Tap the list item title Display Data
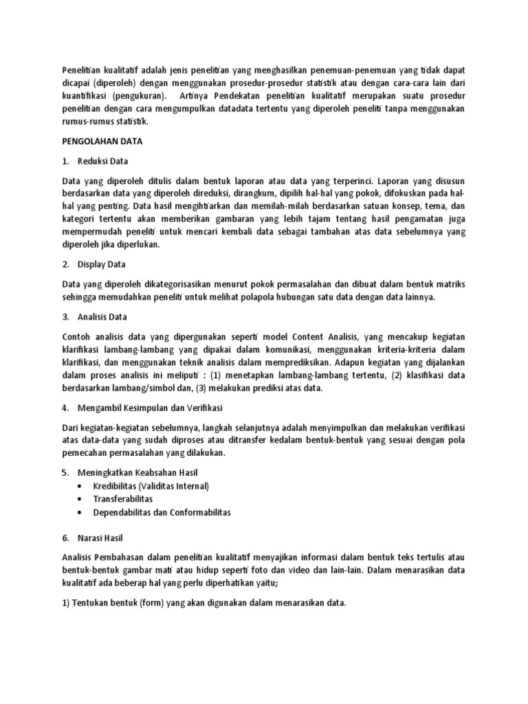100,264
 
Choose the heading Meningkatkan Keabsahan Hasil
139,473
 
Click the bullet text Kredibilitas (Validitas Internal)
151,486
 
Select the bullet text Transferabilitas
124,499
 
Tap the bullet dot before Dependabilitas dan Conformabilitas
83,513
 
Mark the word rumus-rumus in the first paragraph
87,121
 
